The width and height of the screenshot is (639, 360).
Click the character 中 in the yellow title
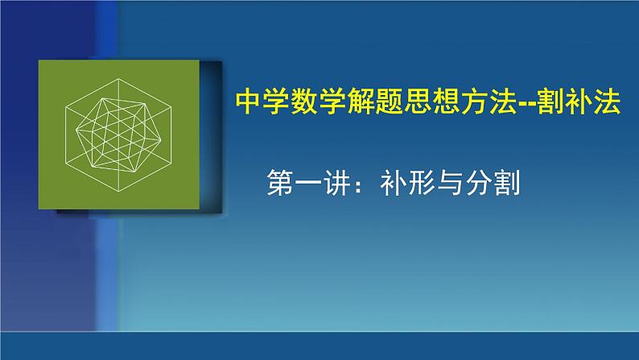(248, 102)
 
